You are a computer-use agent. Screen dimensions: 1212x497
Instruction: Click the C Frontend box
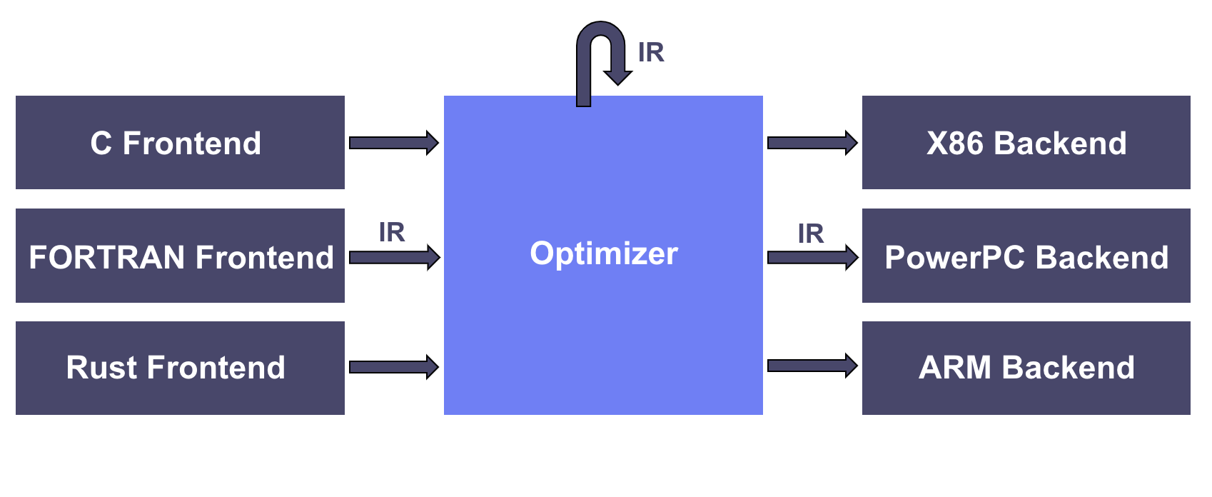180,142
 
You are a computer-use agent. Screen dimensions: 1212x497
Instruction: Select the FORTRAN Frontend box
180,256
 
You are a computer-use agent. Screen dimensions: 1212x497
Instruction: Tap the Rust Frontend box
180,368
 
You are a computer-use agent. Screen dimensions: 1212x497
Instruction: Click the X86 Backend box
1026,142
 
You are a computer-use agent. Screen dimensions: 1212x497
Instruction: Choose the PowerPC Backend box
1026,256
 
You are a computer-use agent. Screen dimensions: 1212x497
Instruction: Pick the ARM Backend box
1026,368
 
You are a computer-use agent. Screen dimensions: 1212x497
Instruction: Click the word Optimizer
604,253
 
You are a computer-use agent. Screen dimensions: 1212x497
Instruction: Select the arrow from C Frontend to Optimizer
394,143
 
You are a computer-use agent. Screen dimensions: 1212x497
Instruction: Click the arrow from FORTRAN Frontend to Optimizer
395,257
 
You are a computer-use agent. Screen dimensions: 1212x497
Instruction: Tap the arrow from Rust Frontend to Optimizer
394,367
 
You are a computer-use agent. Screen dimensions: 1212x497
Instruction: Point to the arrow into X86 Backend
813,143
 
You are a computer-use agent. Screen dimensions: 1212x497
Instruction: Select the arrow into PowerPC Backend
813,257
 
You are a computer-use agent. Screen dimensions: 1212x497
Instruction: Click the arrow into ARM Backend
813,366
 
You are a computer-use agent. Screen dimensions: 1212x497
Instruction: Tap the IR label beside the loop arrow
651,53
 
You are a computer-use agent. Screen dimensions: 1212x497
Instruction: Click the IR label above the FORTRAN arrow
392,232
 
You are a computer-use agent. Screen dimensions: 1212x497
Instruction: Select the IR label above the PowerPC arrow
811,234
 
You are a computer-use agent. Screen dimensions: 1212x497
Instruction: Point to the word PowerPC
954,257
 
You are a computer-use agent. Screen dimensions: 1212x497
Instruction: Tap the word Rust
101,368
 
